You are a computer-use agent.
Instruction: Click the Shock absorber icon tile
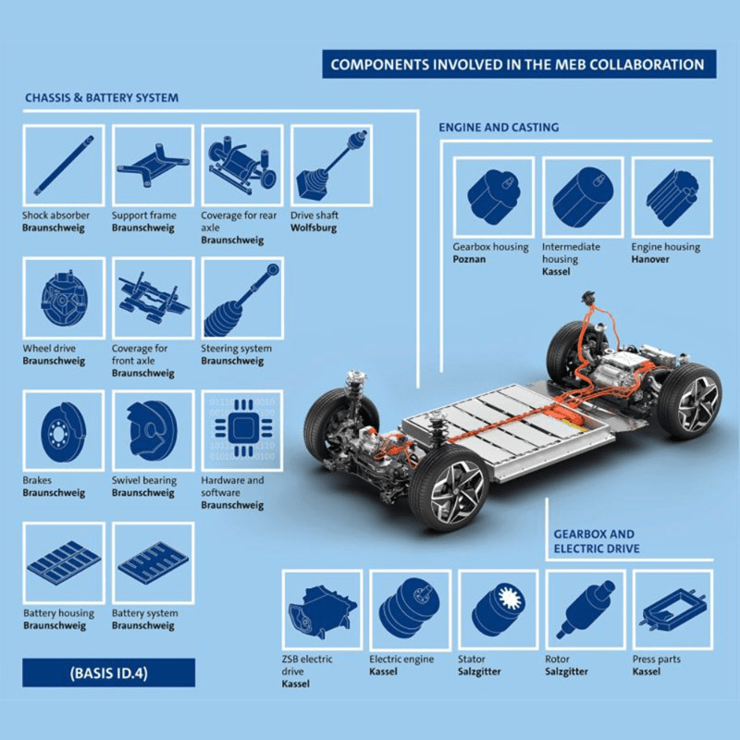pyautogui.click(x=64, y=166)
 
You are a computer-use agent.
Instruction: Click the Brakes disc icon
pyautogui.click(x=64, y=430)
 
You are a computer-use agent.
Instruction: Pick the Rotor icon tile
pyautogui.click(x=586, y=610)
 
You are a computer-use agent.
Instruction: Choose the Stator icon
pyautogui.click(x=499, y=610)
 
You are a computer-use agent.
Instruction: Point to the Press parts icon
pyautogui.click(x=673, y=610)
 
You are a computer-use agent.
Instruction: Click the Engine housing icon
pyautogui.click(x=672, y=198)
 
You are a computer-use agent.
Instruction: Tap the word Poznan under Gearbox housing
pyautogui.click(x=469, y=259)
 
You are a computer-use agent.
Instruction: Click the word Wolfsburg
pyautogui.click(x=314, y=228)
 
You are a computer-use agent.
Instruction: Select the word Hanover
pyautogui.click(x=650, y=259)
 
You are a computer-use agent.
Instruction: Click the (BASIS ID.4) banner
pyautogui.click(x=108, y=672)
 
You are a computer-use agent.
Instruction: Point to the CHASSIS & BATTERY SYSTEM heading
pyautogui.click(x=102, y=98)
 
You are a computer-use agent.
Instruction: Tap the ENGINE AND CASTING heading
pyautogui.click(x=499, y=127)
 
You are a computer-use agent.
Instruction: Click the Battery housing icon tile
pyautogui.click(x=64, y=563)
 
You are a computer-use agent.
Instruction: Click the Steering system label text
pyautogui.click(x=237, y=349)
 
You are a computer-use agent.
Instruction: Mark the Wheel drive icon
pyautogui.click(x=64, y=298)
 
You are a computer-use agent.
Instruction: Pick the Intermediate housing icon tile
pyautogui.click(x=584, y=198)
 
